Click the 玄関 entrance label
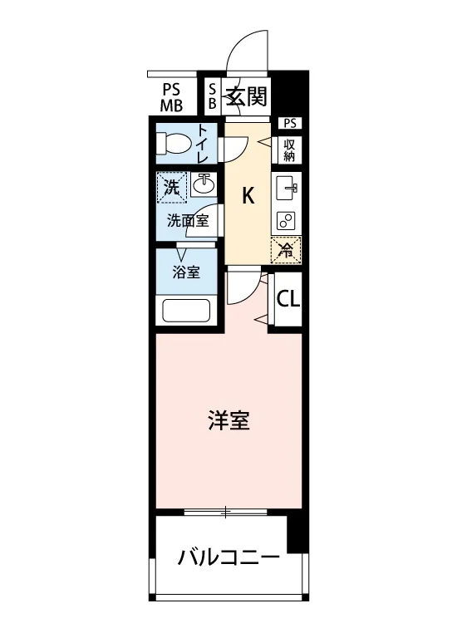click(x=247, y=96)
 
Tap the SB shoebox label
click(x=213, y=96)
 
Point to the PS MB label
click(x=171, y=97)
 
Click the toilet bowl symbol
click(x=173, y=143)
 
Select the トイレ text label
click(x=202, y=143)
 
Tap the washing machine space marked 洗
click(x=172, y=187)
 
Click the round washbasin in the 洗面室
click(x=204, y=184)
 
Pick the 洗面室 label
click(x=188, y=220)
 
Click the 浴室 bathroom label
click(x=186, y=272)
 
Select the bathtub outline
click(x=186, y=311)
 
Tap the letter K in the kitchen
click(x=248, y=196)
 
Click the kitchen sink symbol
click(x=287, y=189)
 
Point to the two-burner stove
click(x=287, y=220)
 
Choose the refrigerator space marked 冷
click(x=286, y=250)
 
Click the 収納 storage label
click(x=289, y=150)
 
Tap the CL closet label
click(x=288, y=299)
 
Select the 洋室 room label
click(x=229, y=421)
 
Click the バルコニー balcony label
click(x=228, y=558)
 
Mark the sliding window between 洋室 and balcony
click(x=225, y=513)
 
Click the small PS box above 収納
click(x=290, y=123)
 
